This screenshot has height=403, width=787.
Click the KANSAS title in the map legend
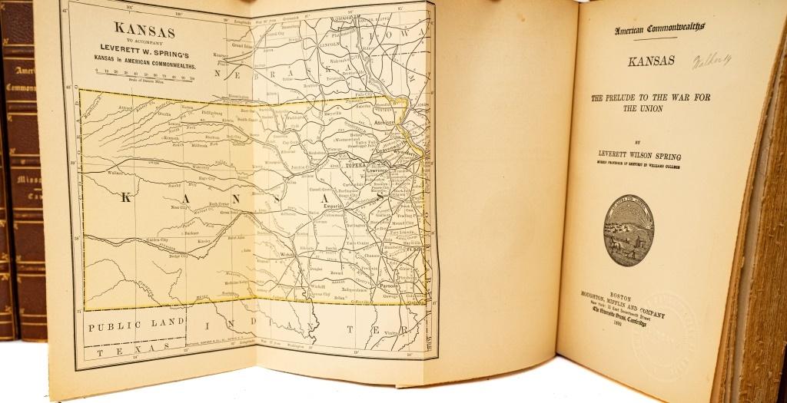click(x=144, y=31)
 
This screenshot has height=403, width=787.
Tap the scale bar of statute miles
click(x=144, y=74)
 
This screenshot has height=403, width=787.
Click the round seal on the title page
click(x=628, y=230)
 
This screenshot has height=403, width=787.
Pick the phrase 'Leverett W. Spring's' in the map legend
click(x=144, y=55)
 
